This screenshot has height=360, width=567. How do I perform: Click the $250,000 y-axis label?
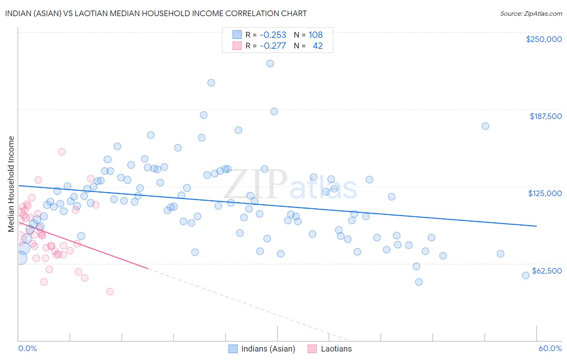pos(544,39)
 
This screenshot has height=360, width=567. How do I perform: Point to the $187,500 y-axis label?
pos(545,116)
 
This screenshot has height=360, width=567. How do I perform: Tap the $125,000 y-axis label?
pos(545,193)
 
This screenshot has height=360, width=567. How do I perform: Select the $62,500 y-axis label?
pos(547,271)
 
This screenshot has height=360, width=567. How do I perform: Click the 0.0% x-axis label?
pos(27,348)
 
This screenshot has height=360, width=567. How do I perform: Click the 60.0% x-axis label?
pos(550,348)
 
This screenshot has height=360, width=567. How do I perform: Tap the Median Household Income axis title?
pos(11,184)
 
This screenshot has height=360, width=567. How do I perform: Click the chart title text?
pos(156,13)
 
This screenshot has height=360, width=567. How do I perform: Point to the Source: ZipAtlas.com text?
pos(531,13)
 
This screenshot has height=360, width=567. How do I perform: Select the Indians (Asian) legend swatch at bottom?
pos(233,349)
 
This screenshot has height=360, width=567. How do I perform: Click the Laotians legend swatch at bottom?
pos(312,349)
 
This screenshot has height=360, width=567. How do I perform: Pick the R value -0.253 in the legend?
pos(273,35)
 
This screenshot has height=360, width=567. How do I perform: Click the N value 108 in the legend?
pos(315,35)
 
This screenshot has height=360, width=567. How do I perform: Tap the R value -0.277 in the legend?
pos(273,46)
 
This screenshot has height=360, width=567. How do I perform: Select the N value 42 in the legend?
pos(317,46)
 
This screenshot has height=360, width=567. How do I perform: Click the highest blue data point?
pos(270,64)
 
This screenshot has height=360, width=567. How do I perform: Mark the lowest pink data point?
pos(110,291)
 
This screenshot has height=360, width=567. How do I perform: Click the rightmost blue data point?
pos(525,275)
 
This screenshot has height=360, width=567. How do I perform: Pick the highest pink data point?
pos(62,152)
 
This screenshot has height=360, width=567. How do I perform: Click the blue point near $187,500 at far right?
pos(485,126)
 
